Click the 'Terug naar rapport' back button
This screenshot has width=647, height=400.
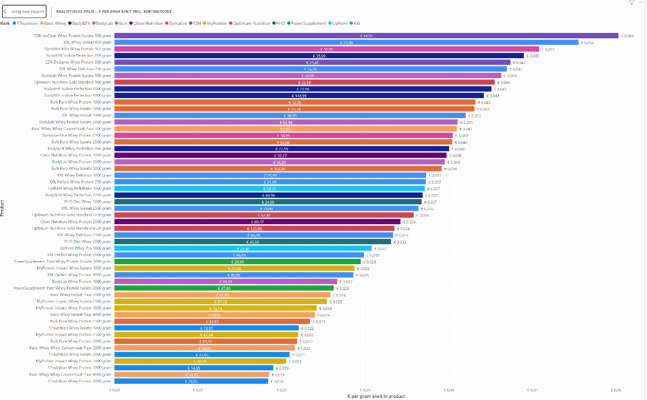point(26,11)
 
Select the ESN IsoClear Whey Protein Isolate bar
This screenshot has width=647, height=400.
point(366,36)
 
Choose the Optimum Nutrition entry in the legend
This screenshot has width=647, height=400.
point(251,24)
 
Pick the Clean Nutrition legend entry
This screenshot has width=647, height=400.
point(147,24)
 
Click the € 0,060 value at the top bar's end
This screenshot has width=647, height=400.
point(627,36)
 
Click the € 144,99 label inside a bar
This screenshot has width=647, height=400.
point(299,95)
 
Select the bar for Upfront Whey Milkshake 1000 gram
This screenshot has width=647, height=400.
point(270,189)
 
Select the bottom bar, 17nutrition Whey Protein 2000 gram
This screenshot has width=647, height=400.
point(191,381)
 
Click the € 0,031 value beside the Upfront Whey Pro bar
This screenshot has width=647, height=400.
point(380,249)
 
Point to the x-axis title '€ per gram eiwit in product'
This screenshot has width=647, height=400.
point(376,396)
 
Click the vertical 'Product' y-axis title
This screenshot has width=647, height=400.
point(3,208)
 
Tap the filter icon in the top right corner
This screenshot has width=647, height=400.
point(631,3)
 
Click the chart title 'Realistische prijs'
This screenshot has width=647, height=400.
point(114,11)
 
